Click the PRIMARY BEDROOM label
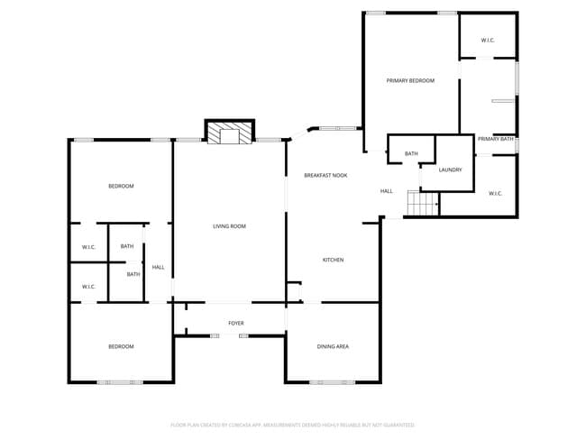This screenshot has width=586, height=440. (410, 81)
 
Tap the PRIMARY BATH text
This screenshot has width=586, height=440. (495, 139)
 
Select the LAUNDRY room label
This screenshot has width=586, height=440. (450, 170)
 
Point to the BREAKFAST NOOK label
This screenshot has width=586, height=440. (325, 175)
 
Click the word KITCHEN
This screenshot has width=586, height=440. (333, 260)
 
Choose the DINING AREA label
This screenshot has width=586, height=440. (333, 346)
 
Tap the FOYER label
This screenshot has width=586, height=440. (235, 323)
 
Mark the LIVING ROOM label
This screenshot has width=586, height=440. (229, 226)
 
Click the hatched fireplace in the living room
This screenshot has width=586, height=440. (230, 135)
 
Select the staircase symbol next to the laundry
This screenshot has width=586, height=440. (422, 204)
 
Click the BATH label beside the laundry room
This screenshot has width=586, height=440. (411, 154)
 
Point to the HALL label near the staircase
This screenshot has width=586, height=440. (386, 191)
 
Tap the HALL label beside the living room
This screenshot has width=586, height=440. (158, 267)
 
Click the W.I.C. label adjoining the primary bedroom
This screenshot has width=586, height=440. (487, 41)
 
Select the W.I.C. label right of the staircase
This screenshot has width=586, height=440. (495, 193)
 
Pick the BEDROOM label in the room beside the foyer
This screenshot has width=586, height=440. (121, 346)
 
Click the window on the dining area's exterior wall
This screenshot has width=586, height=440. (332, 382)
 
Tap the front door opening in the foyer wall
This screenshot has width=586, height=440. (229, 335)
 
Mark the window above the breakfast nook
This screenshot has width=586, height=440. (337, 128)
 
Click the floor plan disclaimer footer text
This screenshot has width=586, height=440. (292, 424)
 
